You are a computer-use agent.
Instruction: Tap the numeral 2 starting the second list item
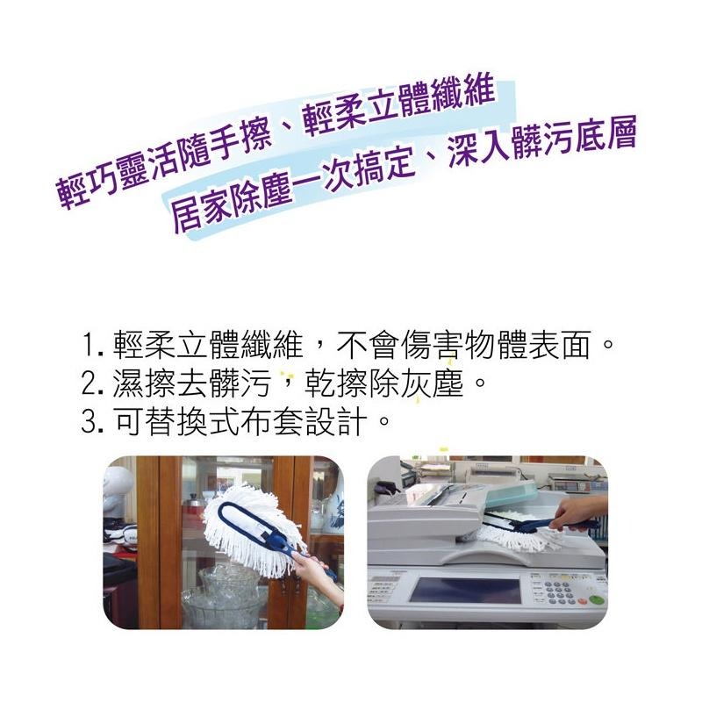pyautogui.click(x=88, y=383)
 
